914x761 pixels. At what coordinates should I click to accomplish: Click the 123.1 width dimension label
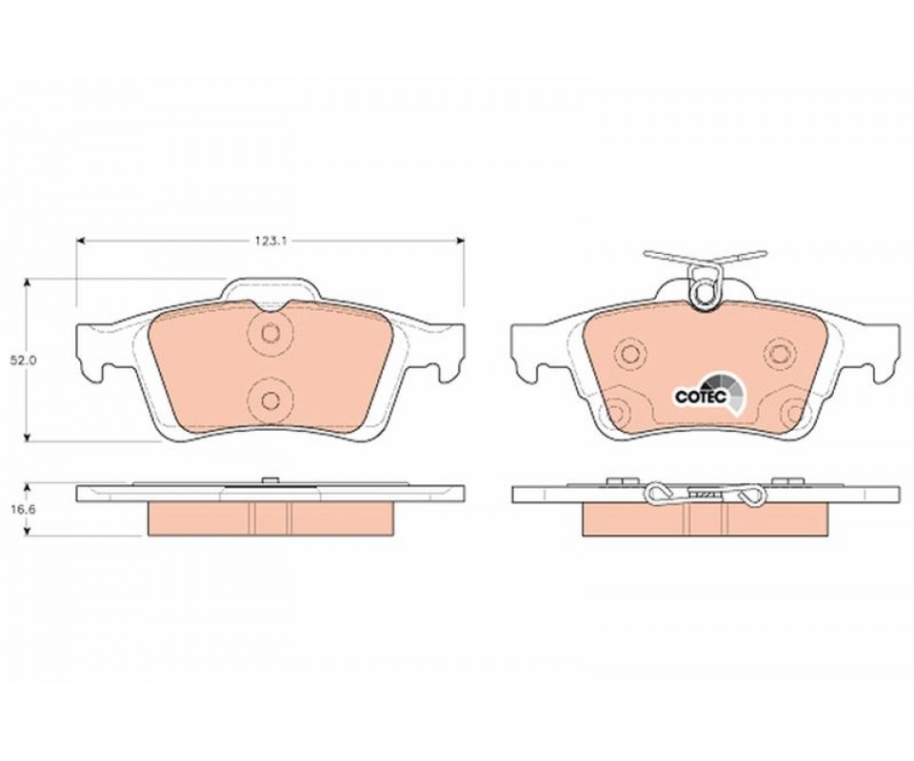pos(271,241)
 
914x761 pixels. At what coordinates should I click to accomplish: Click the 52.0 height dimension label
pos(23,361)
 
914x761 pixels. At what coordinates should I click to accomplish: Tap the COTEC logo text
pos(700,397)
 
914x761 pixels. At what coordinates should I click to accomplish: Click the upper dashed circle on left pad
pos(269,333)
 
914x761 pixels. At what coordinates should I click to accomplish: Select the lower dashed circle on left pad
pos(269,400)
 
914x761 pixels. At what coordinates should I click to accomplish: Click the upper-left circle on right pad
pos(630,353)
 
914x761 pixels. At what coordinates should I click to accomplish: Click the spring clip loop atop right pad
pos(705,289)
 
